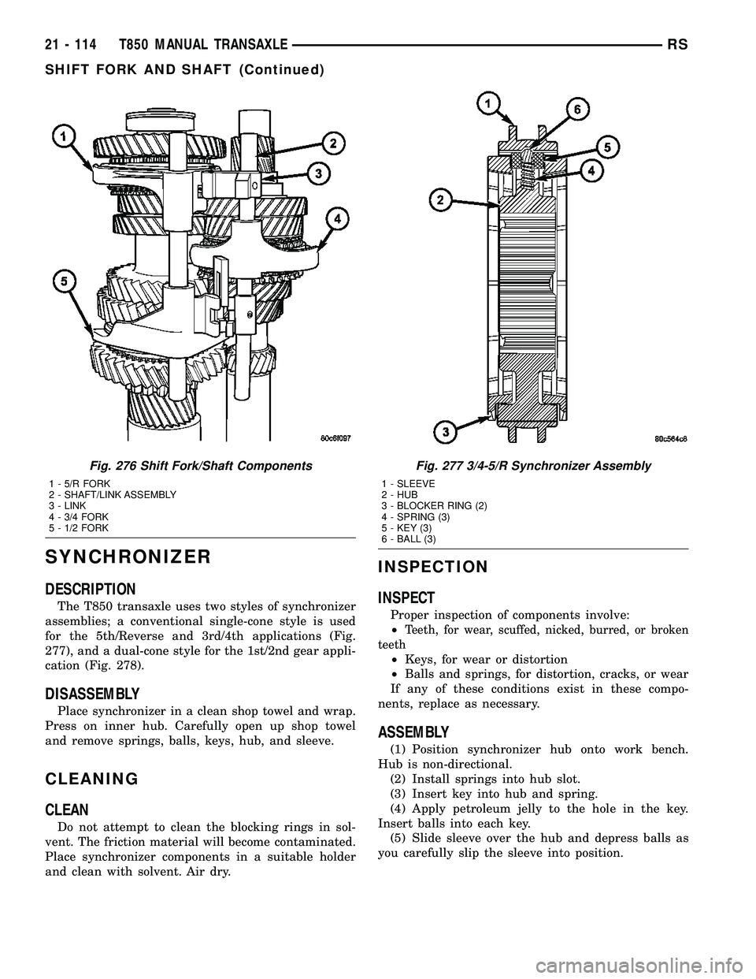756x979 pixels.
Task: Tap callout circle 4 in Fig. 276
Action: [x=336, y=217]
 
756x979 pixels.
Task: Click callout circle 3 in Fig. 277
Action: [x=446, y=433]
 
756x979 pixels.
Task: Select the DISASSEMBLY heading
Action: [x=94, y=694]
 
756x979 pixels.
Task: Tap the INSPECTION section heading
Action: [x=433, y=566]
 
